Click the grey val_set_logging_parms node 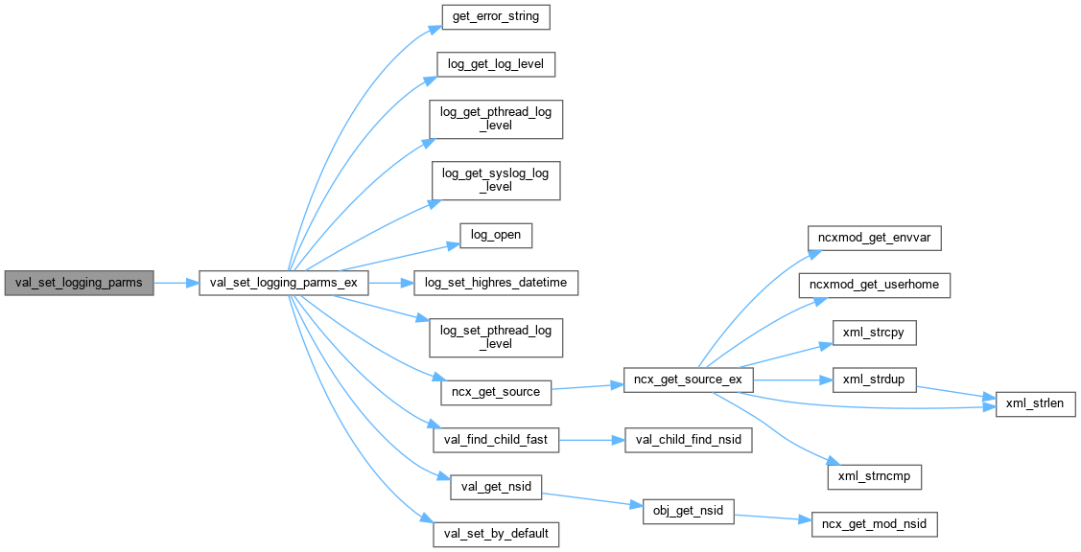point(79,283)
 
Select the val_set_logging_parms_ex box point(283,283)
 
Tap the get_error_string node point(496,17)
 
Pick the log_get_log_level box point(496,65)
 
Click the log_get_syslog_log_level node point(496,180)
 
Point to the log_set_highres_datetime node point(496,283)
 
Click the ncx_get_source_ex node point(688,379)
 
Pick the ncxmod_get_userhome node point(874,285)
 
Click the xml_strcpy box point(874,333)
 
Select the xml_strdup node point(874,379)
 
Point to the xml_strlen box point(1037,404)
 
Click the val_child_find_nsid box point(688,440)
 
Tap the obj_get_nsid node point(688,512)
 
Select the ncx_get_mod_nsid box point(874,524)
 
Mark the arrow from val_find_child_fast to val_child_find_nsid point(592,440)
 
